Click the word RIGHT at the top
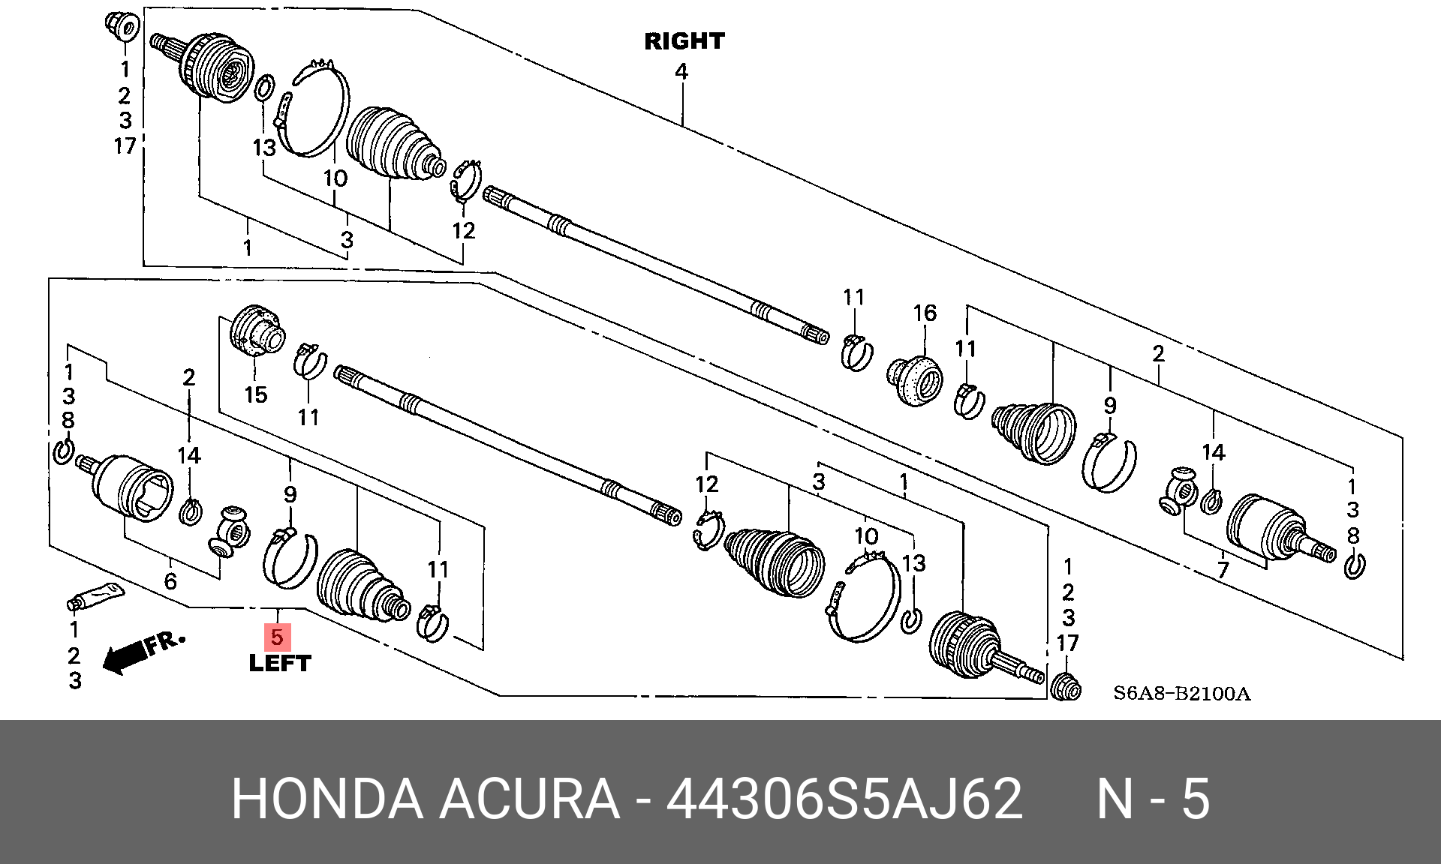684,41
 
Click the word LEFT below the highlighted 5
279,663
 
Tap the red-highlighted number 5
277,637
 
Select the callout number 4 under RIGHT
681,72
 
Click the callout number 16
925,313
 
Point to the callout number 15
256,394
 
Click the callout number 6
170,580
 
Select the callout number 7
1223,570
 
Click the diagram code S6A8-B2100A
1181,693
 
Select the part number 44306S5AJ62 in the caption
844,799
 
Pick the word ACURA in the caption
529,799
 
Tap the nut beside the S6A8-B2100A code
1066,686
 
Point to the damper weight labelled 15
257,330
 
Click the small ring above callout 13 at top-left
264,88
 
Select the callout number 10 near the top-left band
335,178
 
